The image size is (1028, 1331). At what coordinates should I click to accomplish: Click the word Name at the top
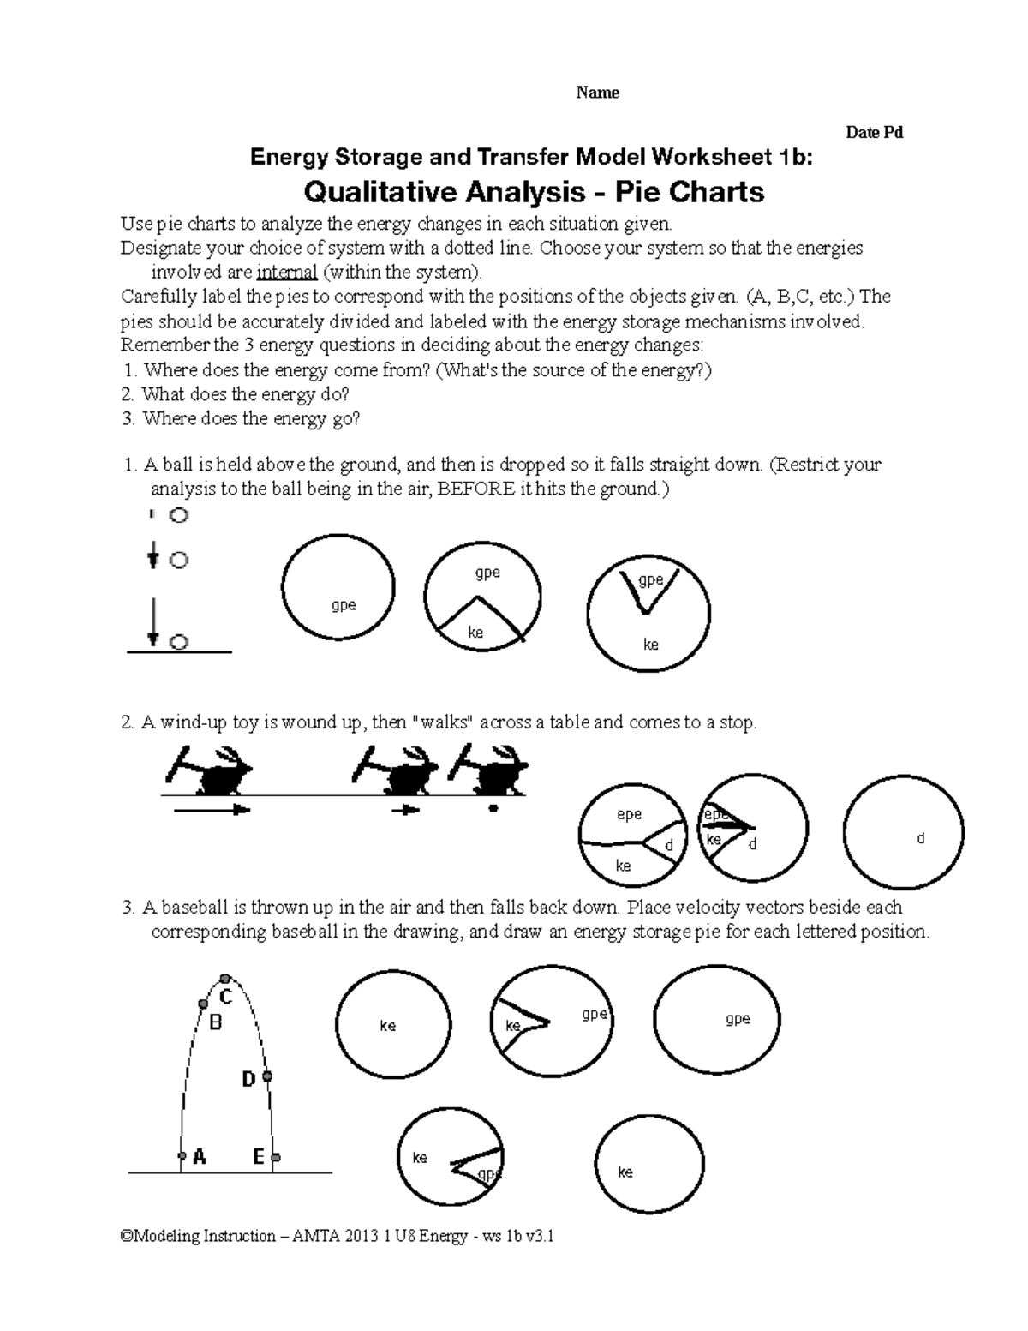point(597,93)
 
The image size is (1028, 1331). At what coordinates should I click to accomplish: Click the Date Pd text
point(874,132)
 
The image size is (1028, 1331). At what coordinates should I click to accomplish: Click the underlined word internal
point(287,273)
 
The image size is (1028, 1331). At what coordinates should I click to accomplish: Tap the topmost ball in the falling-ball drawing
point(178,515)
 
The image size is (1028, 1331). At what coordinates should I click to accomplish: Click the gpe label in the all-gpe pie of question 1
point(344,605)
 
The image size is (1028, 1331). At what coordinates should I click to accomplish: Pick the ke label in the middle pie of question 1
point(475,633)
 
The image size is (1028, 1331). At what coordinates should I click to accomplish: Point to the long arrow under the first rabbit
point(212,809)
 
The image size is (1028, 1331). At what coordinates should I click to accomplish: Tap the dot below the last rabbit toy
point(493,807)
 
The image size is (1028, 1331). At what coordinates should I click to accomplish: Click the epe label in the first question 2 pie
point(630,815)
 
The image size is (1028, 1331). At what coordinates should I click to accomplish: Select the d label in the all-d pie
point(921,839)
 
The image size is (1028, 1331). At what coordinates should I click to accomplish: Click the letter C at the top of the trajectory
point(226,998)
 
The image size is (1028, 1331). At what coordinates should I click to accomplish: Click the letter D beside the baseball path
point(248,1080)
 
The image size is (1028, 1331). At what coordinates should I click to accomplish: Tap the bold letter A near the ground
point(200,1157)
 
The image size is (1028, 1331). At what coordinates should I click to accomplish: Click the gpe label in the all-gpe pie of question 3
point(738,1019)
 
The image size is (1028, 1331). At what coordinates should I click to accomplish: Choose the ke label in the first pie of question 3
point(387,1026)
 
